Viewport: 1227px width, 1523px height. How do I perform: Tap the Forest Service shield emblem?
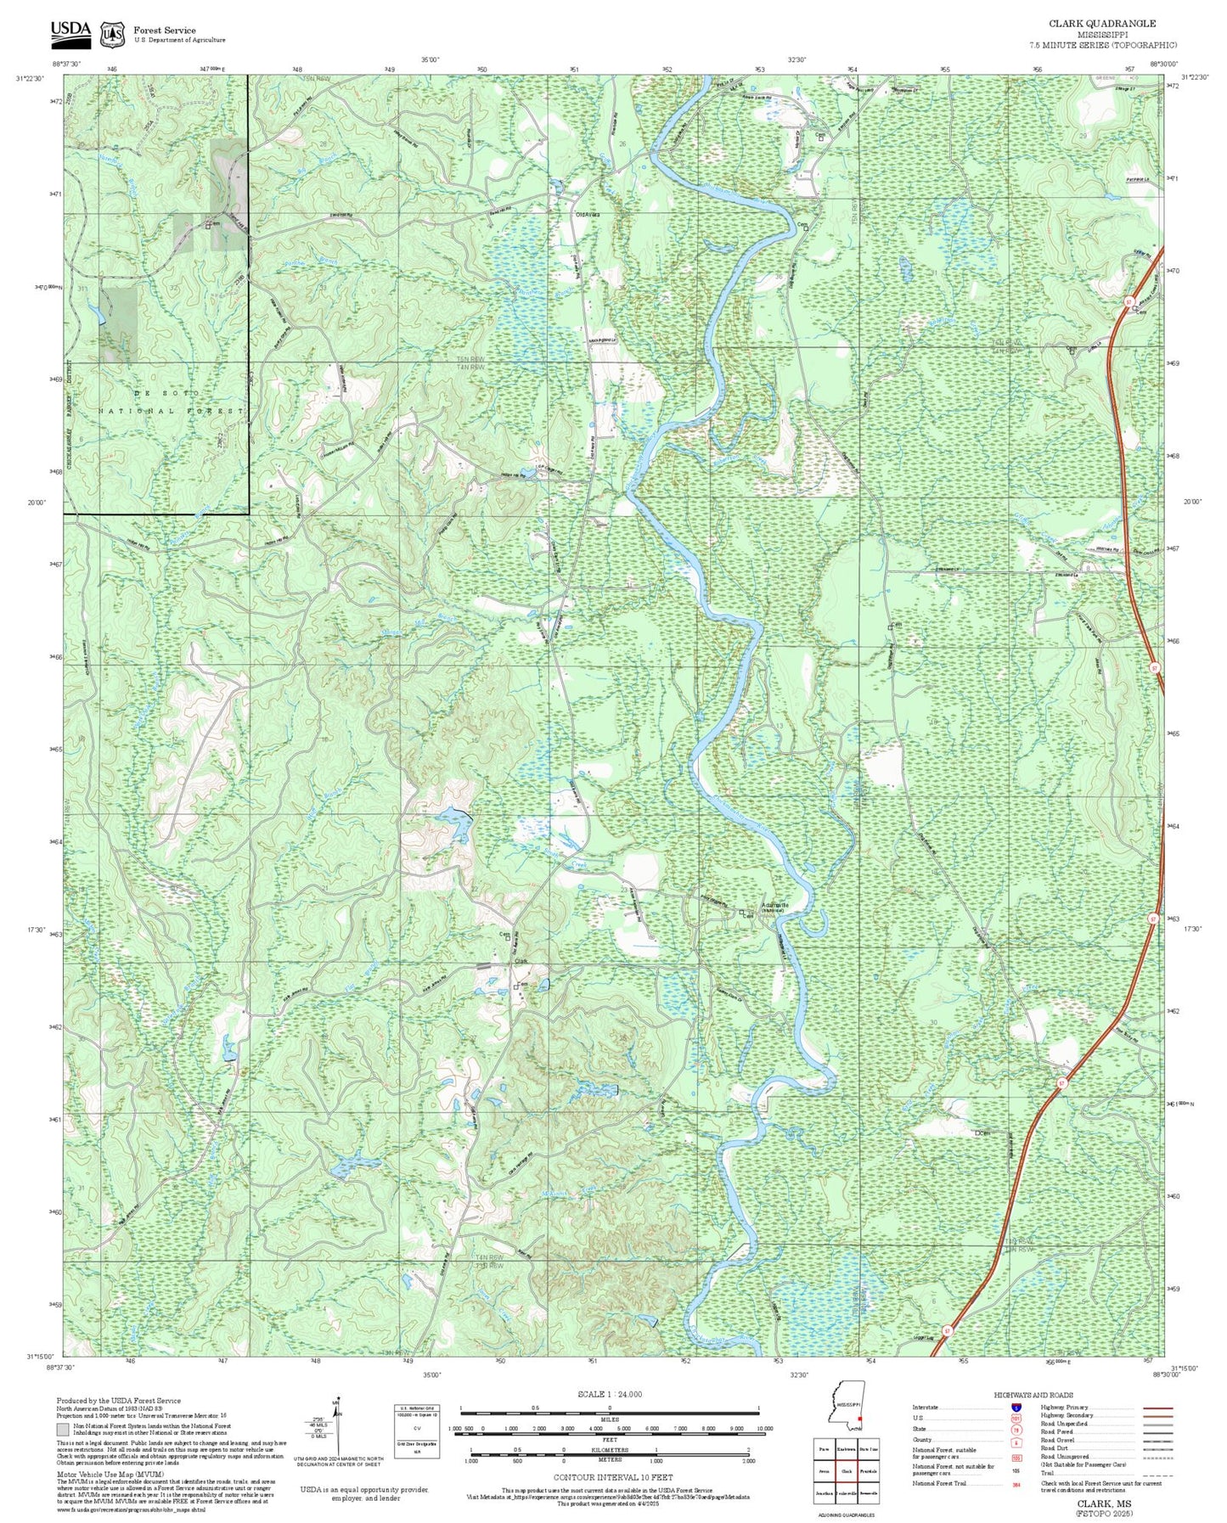click(x=111, y=34)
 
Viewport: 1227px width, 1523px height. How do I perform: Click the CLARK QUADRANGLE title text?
click(x=1101, y=24)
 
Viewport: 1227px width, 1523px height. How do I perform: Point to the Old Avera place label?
click(x=588, y=215)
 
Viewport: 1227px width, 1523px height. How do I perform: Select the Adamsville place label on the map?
click(x=774, y=905)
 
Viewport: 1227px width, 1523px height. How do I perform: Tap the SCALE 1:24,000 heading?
click(x=610, y=1394)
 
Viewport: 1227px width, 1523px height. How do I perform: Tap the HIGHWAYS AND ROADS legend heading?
click(x=1033, y=1395)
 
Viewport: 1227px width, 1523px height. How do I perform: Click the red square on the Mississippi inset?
click(x=860, y=1418)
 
